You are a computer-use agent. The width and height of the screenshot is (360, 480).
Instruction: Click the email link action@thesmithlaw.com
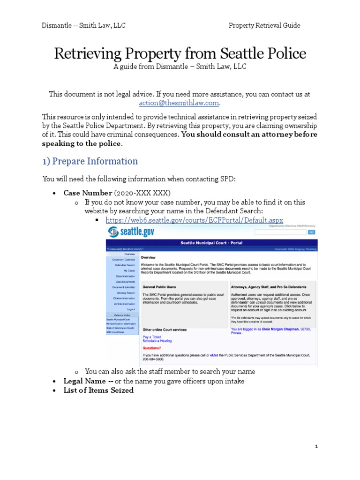[x=180, y=103]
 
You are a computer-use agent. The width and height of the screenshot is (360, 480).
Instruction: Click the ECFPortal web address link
[x=194, y=220]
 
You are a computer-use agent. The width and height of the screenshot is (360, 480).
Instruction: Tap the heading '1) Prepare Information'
[x=90, y=161]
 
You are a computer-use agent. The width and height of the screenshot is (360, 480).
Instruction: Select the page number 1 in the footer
[x=316, y=447]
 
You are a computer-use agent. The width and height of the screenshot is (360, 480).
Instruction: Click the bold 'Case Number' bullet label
[x=88, y=193]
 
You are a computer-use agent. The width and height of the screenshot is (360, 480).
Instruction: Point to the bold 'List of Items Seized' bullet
[x=98, y=390]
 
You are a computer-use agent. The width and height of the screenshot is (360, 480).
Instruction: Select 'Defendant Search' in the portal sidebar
[x=125, y=265]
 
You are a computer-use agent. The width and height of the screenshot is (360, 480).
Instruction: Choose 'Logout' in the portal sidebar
[x=130, y=309]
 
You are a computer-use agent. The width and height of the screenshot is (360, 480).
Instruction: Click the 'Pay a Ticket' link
[x=151, y=337]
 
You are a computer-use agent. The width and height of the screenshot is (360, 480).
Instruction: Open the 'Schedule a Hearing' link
[x=157, y=341]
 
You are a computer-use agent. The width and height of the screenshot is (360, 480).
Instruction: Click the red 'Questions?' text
[x=151, y=348]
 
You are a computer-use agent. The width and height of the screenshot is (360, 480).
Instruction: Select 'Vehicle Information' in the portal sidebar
[x=124, y=304]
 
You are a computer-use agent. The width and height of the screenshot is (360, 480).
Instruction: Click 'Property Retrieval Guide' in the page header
[x=264, y=25]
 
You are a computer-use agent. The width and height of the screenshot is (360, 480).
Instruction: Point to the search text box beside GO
[x=280, y=232]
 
